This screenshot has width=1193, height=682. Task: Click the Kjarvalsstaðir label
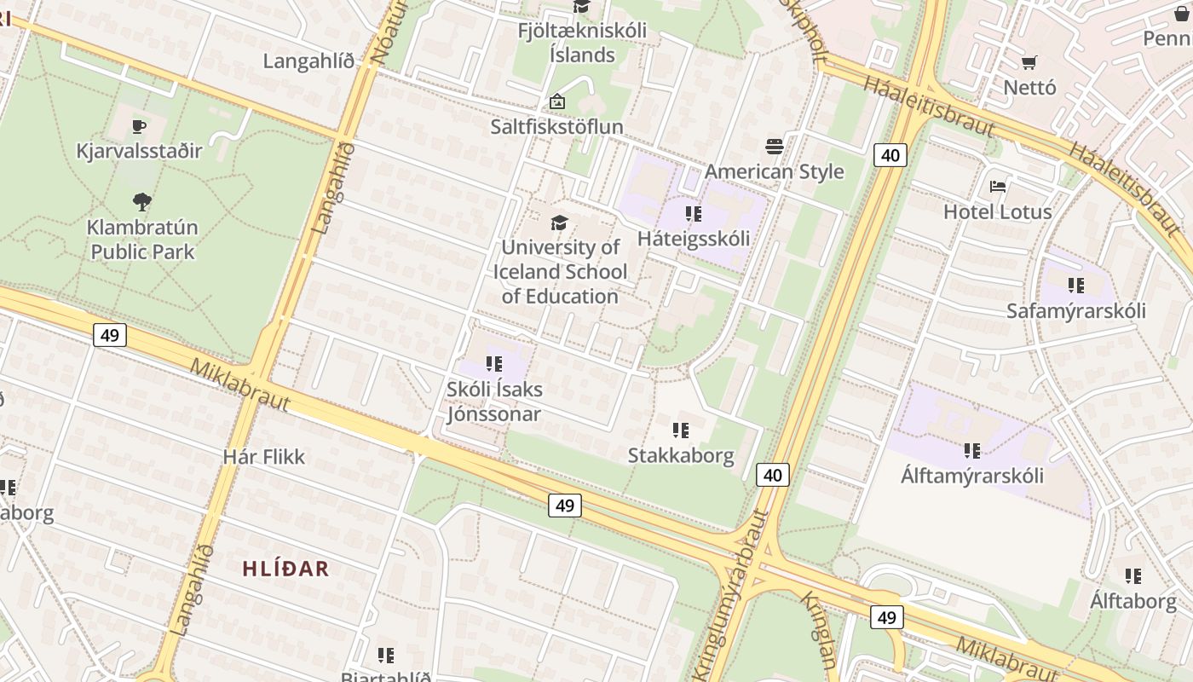pyautogui.click(x=139, y=151)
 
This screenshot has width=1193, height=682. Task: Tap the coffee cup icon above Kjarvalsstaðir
pyautogui.click(x=139, y=127)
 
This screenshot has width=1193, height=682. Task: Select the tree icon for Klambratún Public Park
pyautogui.click(x=142, y=202)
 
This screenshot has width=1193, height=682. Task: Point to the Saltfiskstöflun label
pyautogui.click(x=556, y=126)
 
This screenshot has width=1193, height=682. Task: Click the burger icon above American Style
pyautogui.click(x=774, y=147)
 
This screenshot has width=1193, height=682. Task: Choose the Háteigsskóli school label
pyautogui.click(x=694, y=238)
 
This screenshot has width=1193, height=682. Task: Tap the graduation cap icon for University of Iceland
pyautogui.click(x=559, y=223)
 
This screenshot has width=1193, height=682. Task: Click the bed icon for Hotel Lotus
pyautogui.click(x=998, y=187)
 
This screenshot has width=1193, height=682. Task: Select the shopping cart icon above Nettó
pyautogui.click(x=1029, y=62)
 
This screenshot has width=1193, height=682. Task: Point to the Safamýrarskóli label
pyautogui.click(x=1075, y=310)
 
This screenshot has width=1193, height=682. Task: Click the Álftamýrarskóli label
pyautogui.click(x=971, y=475)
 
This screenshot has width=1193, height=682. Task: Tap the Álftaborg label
pyautogui.click(x=1132, y=600)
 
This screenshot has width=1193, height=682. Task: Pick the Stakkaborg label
pyautogui.click(x=680, y=455)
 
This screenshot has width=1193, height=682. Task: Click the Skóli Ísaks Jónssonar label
pyautogui.click(x=494, y=402)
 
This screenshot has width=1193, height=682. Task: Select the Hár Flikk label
pyautogui.click(x=263, y=456)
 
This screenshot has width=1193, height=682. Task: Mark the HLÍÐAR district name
pyautogui.click(x=285, y=569)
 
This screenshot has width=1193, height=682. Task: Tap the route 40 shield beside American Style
pyautogui.click(x=890, y=155)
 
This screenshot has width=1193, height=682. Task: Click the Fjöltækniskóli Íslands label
pyautogui.click(x=582, y=43)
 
